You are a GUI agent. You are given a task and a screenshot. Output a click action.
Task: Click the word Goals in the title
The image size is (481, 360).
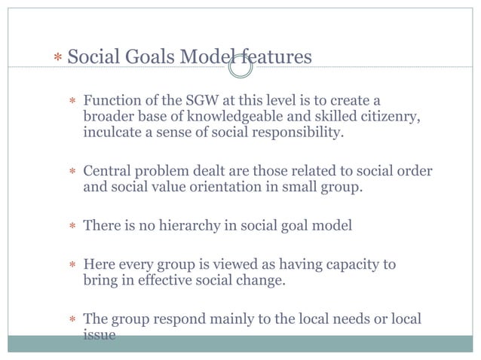pos(146,56)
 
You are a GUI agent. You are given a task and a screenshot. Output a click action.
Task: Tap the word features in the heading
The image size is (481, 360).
pos(277,56)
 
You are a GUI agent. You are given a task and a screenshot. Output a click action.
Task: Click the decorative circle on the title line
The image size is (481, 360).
pos(240,68)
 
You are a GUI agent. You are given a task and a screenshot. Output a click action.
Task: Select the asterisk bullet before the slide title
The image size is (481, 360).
pos(58,58)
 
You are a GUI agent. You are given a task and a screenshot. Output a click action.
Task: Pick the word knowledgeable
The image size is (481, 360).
pos(227,117)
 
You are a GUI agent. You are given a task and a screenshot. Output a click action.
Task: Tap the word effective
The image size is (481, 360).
pos(176,280)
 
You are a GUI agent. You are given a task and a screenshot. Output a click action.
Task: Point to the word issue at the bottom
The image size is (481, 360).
pos(99,335)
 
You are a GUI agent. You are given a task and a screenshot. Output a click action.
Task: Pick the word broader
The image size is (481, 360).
pos(109,117)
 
